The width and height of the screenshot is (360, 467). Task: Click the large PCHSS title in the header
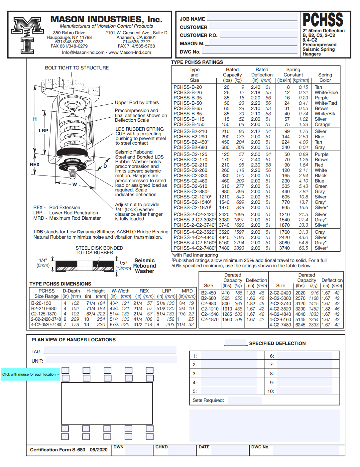323,20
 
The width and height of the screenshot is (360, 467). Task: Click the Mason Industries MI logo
28,35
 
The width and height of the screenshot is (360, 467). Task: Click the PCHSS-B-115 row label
189,119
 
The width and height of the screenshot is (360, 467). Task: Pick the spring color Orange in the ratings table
322,124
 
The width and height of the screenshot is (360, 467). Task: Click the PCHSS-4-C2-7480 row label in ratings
194,248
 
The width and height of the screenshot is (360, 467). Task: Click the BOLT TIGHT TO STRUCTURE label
77,68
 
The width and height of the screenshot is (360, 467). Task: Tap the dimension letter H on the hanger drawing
35,119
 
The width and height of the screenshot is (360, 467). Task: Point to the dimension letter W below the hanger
74,184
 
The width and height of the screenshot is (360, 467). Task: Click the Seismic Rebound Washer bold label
145,266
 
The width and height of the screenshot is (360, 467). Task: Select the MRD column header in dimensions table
187,291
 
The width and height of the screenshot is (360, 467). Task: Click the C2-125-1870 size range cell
44,314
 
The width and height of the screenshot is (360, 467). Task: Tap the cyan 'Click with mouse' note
30,374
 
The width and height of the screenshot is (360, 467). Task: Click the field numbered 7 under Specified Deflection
304,365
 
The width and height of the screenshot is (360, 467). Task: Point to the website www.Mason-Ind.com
130,53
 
